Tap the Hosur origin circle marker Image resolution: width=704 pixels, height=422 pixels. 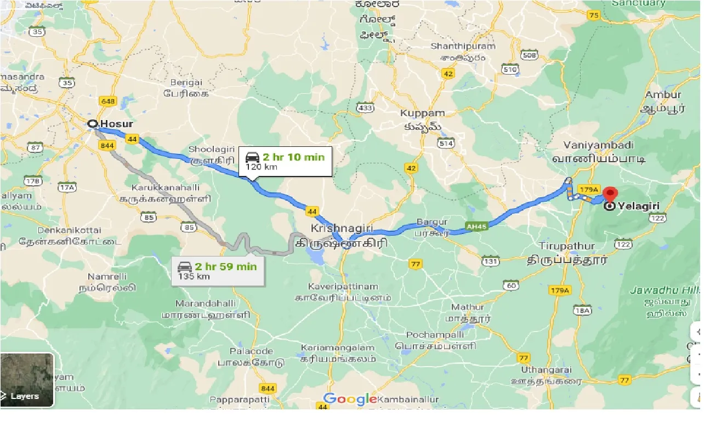(93, 124)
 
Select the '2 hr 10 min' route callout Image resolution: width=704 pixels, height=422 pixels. (285, 161)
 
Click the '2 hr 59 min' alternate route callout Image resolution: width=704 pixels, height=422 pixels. (218, 270)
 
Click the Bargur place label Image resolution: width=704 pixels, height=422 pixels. (429, 222)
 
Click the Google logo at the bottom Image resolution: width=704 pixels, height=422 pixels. (349, 399)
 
